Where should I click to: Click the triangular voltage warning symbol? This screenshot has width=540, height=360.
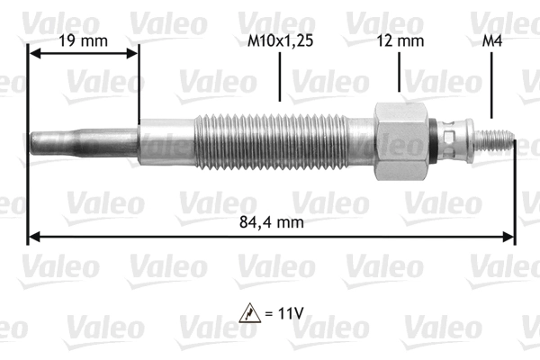click(x=247, y=313)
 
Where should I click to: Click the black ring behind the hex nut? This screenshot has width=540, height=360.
click(x=436, y=140)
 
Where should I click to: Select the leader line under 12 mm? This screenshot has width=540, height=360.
click(x=397, y=76)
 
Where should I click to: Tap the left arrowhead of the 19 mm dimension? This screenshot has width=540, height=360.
click(x=34, y=53)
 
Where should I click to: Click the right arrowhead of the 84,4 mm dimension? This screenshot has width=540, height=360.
click(x=509, y=237)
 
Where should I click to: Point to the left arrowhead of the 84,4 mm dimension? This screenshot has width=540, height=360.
click(x=34, y=237)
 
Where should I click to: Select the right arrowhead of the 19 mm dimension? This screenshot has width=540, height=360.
click(x=134, y=53)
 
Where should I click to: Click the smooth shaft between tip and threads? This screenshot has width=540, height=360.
click(x=166, y=140)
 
